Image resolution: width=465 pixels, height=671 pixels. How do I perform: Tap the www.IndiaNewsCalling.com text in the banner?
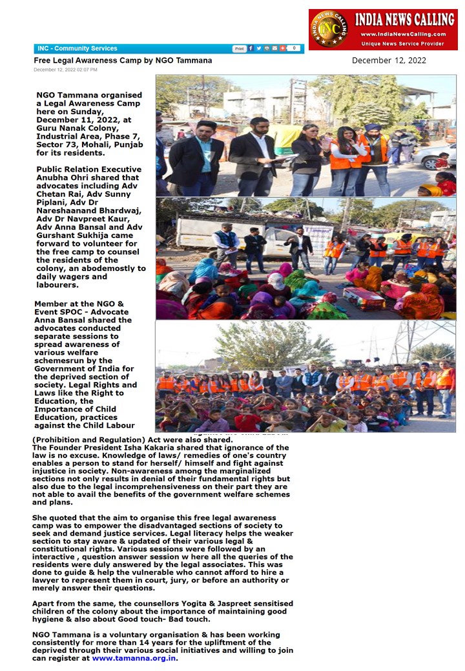[x=403, y=34]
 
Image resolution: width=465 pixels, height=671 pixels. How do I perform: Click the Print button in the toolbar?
[x=239, y=48]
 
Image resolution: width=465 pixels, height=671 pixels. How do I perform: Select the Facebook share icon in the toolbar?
[x=251, y=48]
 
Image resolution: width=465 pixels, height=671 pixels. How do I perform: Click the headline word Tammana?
[x=192, y=60]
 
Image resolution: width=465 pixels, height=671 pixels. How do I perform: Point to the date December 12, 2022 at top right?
[x=389, y=61]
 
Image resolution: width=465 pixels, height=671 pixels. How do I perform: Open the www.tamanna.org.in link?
[x=134, y=658]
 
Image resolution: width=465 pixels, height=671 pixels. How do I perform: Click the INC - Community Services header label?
[x=77, y=48]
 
